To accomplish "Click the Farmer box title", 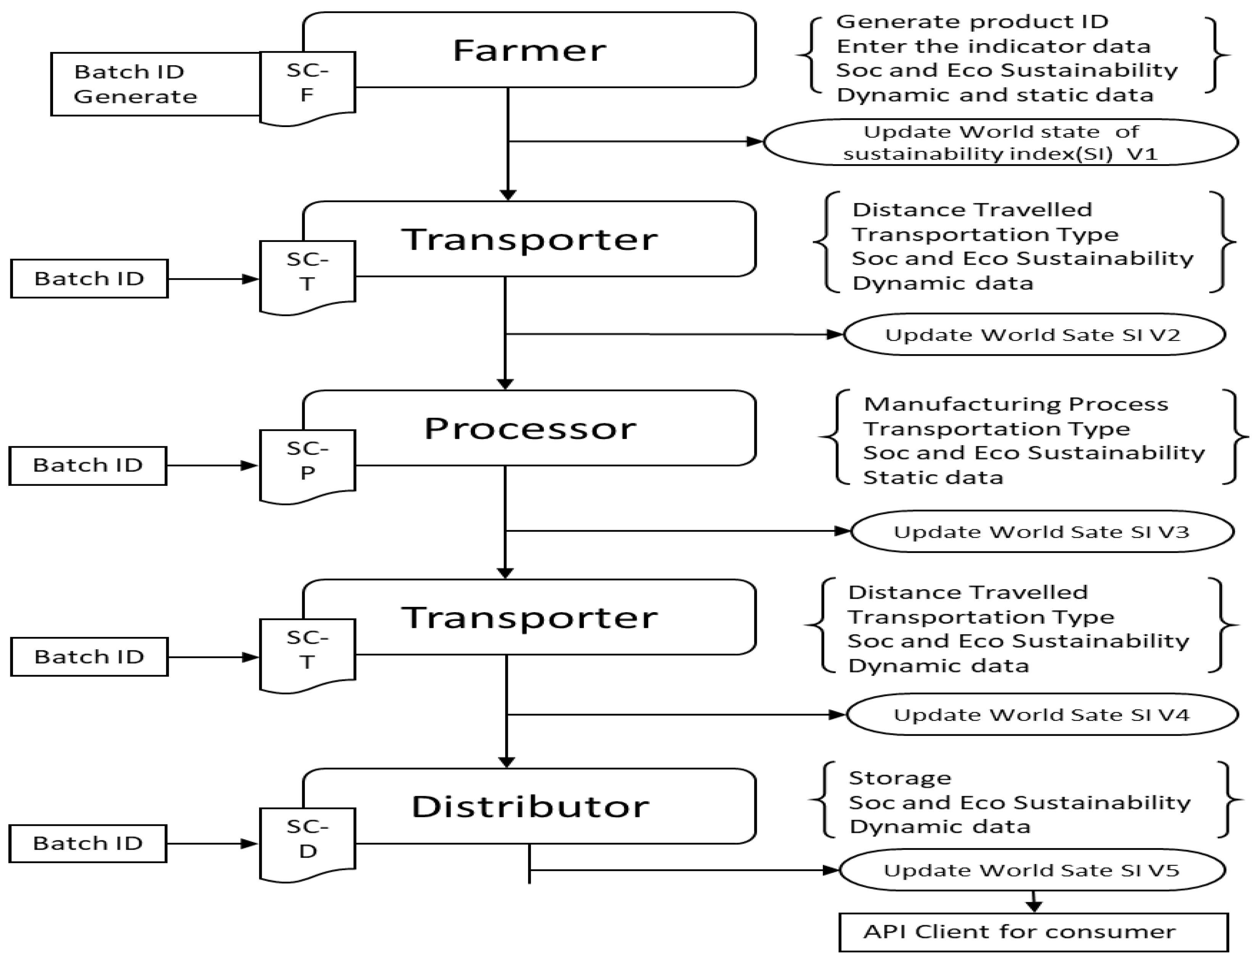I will click(529, 50).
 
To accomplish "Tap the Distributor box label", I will click(530, 806).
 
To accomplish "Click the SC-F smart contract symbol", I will click(308, 86).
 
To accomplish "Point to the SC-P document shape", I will click(308, 463).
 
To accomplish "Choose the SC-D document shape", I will click(308, 841).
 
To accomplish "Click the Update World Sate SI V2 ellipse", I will click(1034, 335).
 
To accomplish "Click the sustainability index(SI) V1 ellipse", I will click(1001, 142).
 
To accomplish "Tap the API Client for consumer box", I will click(1033, 932).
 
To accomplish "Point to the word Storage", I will click(899, 778).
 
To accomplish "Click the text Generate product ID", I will click(972, 22).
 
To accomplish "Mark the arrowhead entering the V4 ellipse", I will click(838, 714).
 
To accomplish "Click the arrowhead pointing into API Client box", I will click(1033, 907).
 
